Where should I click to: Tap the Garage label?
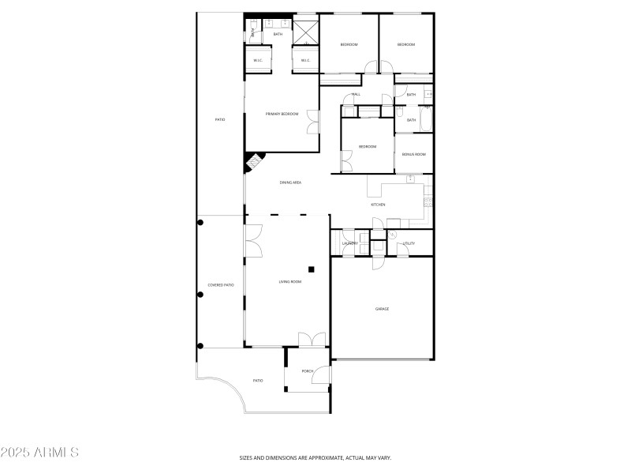tap(382, 309)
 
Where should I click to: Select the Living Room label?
tap(290, 281)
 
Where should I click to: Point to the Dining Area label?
tap(290, 182)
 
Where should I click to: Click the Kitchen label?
tap(379, 205)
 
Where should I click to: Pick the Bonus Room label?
tap(413, 154)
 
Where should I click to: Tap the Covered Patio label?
tap(221, 285)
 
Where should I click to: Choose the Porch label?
tap(308, 371)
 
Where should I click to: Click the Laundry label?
tap(350, 243)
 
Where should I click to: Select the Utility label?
tap(409, 243)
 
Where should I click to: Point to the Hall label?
tap(357, 95)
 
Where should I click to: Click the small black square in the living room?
tap(312, 269)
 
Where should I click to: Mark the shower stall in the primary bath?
tap(306, 33)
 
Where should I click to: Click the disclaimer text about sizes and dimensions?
tap(315, 457)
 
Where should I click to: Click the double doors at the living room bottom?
tap(312, 340)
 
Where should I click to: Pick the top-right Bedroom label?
tap(406, 44)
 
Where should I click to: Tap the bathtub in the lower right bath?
tap(427, 121)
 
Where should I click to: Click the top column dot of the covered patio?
tap(200, 222)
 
